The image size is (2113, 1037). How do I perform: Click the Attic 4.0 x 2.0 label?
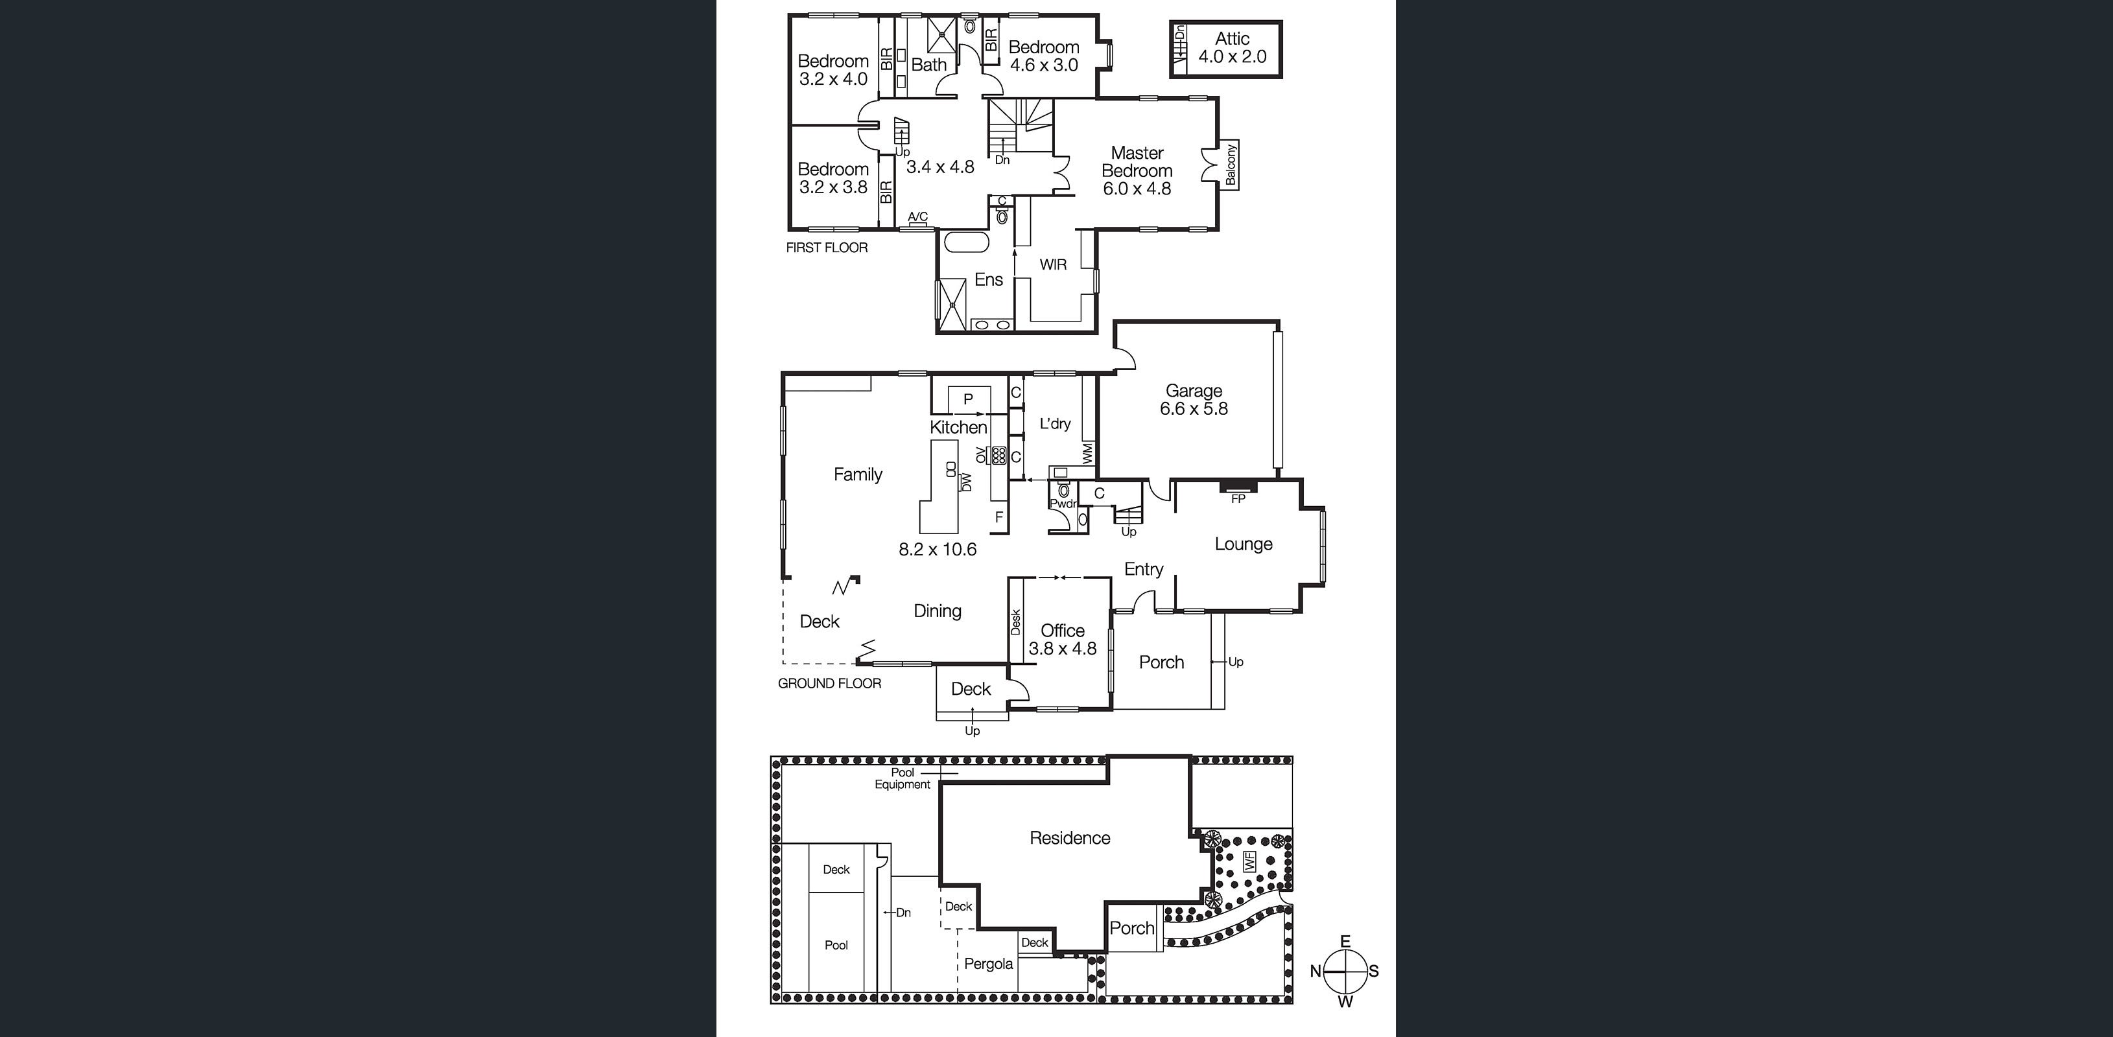pyautogui.click(x=1231, y=47)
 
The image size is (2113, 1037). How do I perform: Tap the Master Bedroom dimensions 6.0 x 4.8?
pyautogui.click(x=1137, y=189)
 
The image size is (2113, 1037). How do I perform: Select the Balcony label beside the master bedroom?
pyautogui.click(x=1231, y=165)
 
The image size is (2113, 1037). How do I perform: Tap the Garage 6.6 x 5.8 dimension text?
pyautogui.click(x=1194, y=409)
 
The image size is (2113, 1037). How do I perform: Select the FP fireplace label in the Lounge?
pyautogui.click(x=1238, y=498)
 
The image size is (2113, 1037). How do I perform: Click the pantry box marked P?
pyautogui.click(x=968, y=400)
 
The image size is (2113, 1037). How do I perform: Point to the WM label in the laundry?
pyautogui.click(x=1089, y=453)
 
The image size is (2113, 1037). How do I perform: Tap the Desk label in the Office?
pyautogui.click(x=1015, y=622)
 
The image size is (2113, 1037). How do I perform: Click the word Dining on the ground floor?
pyautogui.click(x=938, y=611)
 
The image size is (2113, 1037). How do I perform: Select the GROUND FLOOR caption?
pyautogui.click(x=829, y=684)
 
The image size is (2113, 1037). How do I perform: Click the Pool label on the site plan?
pyautogui.click(x=836, y=945)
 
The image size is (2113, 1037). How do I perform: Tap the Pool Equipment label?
pyautogui.click(x=903, y=779)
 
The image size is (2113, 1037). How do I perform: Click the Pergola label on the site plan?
pyautogui.click(x=988, y=964)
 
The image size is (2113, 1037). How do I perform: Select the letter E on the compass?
pyautogui.click(x=1345, y=942)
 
